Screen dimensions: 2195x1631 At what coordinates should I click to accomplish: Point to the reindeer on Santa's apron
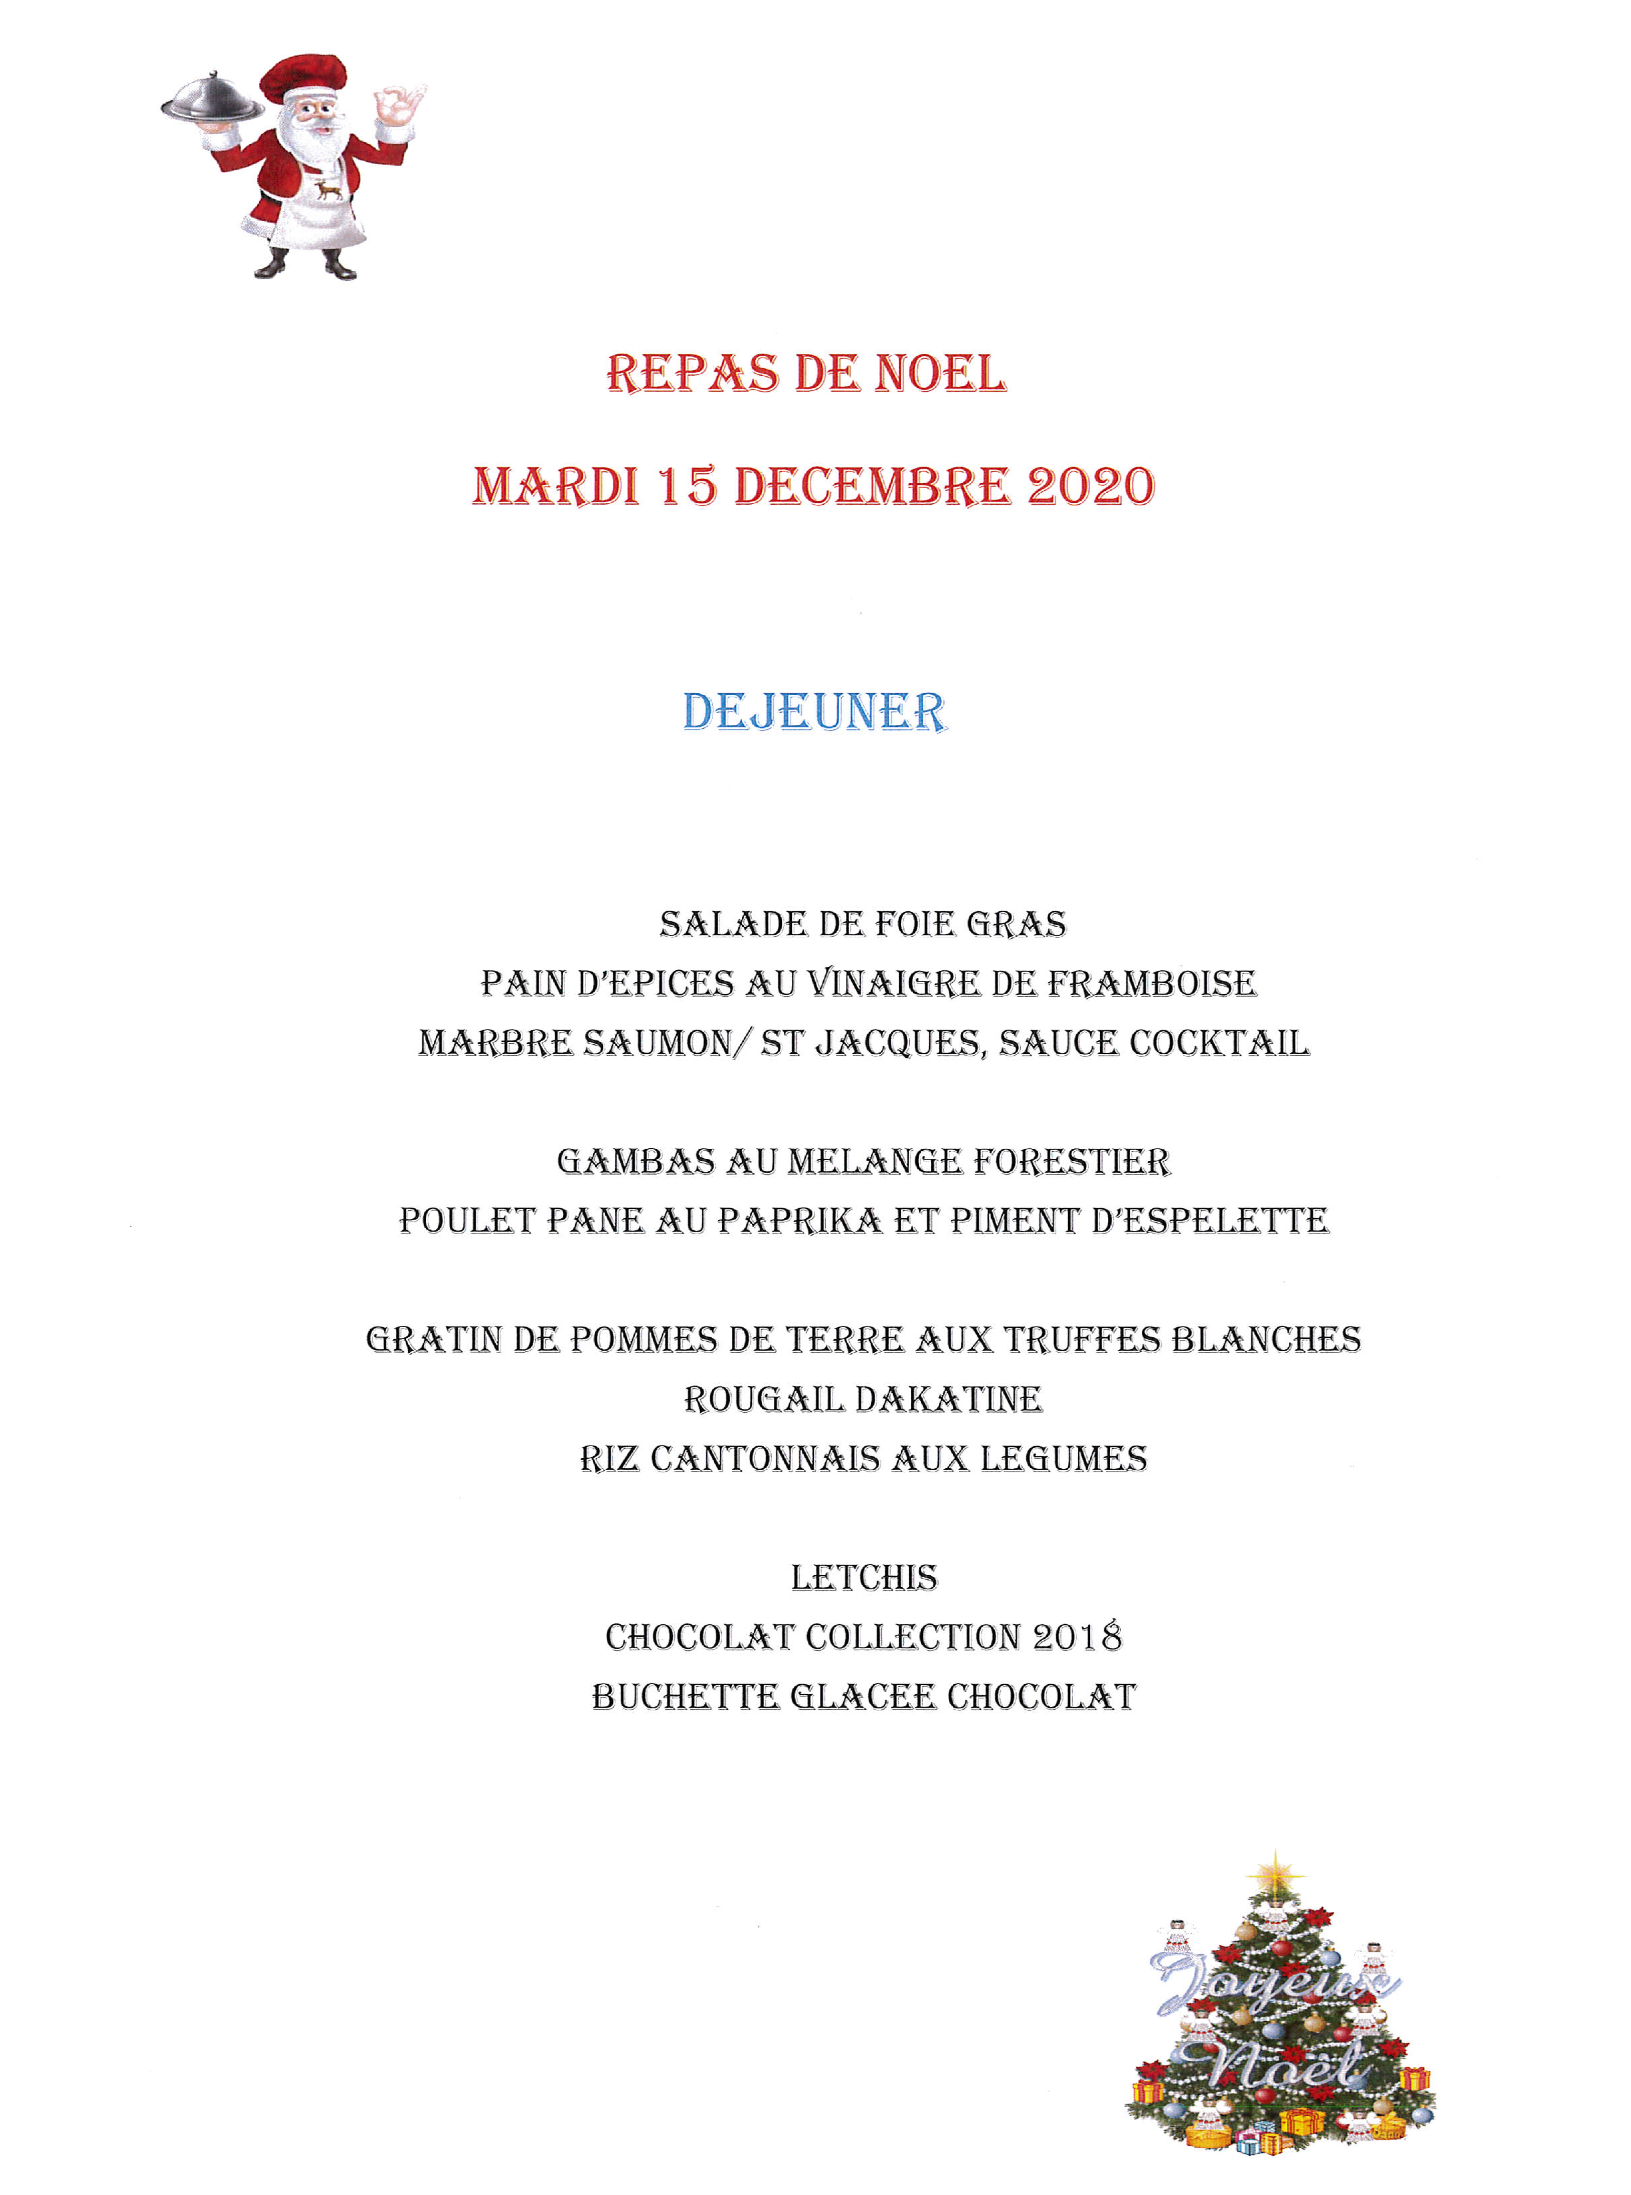click(329, 188)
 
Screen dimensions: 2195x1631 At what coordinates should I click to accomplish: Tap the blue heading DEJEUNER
click(814, 712)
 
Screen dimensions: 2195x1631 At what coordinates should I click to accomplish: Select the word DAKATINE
click(948, 1399)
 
